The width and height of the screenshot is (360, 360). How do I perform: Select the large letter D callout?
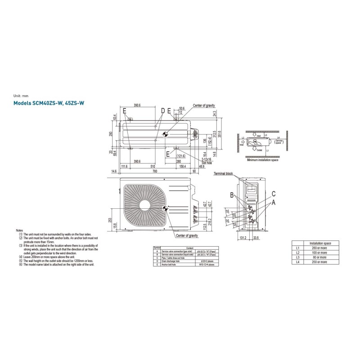click(x=162, y=110)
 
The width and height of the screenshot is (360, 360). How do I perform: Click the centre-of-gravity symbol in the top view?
click(x=165, y=134)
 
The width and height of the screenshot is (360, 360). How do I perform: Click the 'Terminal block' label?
click(x=223, y=173)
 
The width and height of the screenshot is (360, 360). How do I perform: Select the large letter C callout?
click(x=273, y=193)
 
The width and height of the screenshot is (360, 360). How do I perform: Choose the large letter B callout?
click(x=232, y=195)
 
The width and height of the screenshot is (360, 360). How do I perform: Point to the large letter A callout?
click(x=273, y=203)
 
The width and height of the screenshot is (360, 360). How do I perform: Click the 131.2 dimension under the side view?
click(x=242, y=238)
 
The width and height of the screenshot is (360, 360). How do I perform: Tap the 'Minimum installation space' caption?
click(x=262, y=160)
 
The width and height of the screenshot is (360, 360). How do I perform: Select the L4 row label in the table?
click(x=297, y=261)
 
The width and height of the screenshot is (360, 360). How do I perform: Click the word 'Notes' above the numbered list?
click(x=19, y=230)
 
